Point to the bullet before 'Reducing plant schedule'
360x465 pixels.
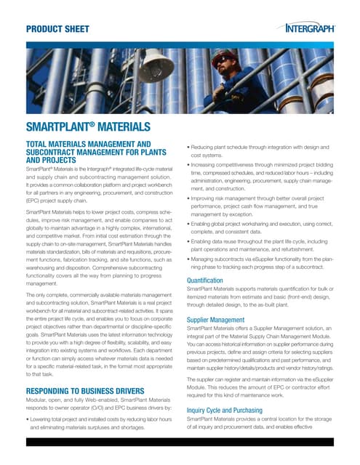[x=188, y=148]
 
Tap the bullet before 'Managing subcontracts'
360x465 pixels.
[x=188, y=259]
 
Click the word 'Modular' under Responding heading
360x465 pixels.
[x=39, y=402]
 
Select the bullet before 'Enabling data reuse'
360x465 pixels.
[x=188, y=240]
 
